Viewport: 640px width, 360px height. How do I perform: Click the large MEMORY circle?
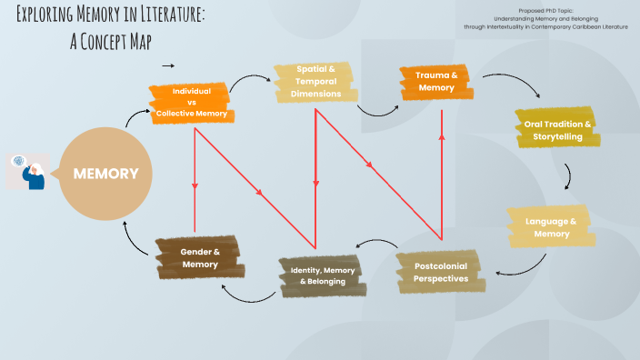pyautogui.click(x=105, y=174)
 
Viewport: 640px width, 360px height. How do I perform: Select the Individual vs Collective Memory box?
pyautogui.click(x=192, y=103)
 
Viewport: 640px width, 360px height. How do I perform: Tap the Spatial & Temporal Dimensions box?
pyautogui.click(x=315, y=83)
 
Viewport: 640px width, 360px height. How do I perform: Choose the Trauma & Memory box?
pyautogui.click(x=435, y=81)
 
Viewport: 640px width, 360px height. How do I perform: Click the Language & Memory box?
pyautogui.click(x=552, y=227)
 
